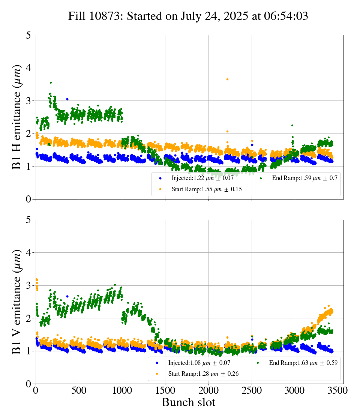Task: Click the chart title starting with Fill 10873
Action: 188,16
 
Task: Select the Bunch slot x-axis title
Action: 189,402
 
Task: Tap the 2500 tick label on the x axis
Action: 252,390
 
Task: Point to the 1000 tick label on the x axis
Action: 122,390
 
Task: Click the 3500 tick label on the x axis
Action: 338,390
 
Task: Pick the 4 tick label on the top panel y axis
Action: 28,68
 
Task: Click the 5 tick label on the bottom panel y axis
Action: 28,220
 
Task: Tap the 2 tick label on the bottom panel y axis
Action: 28,318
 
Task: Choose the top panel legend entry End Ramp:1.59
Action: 304,178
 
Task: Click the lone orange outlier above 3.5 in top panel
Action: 227,79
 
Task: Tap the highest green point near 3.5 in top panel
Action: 51,82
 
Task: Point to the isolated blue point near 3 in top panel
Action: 67,99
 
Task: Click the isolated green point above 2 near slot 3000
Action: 292,125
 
